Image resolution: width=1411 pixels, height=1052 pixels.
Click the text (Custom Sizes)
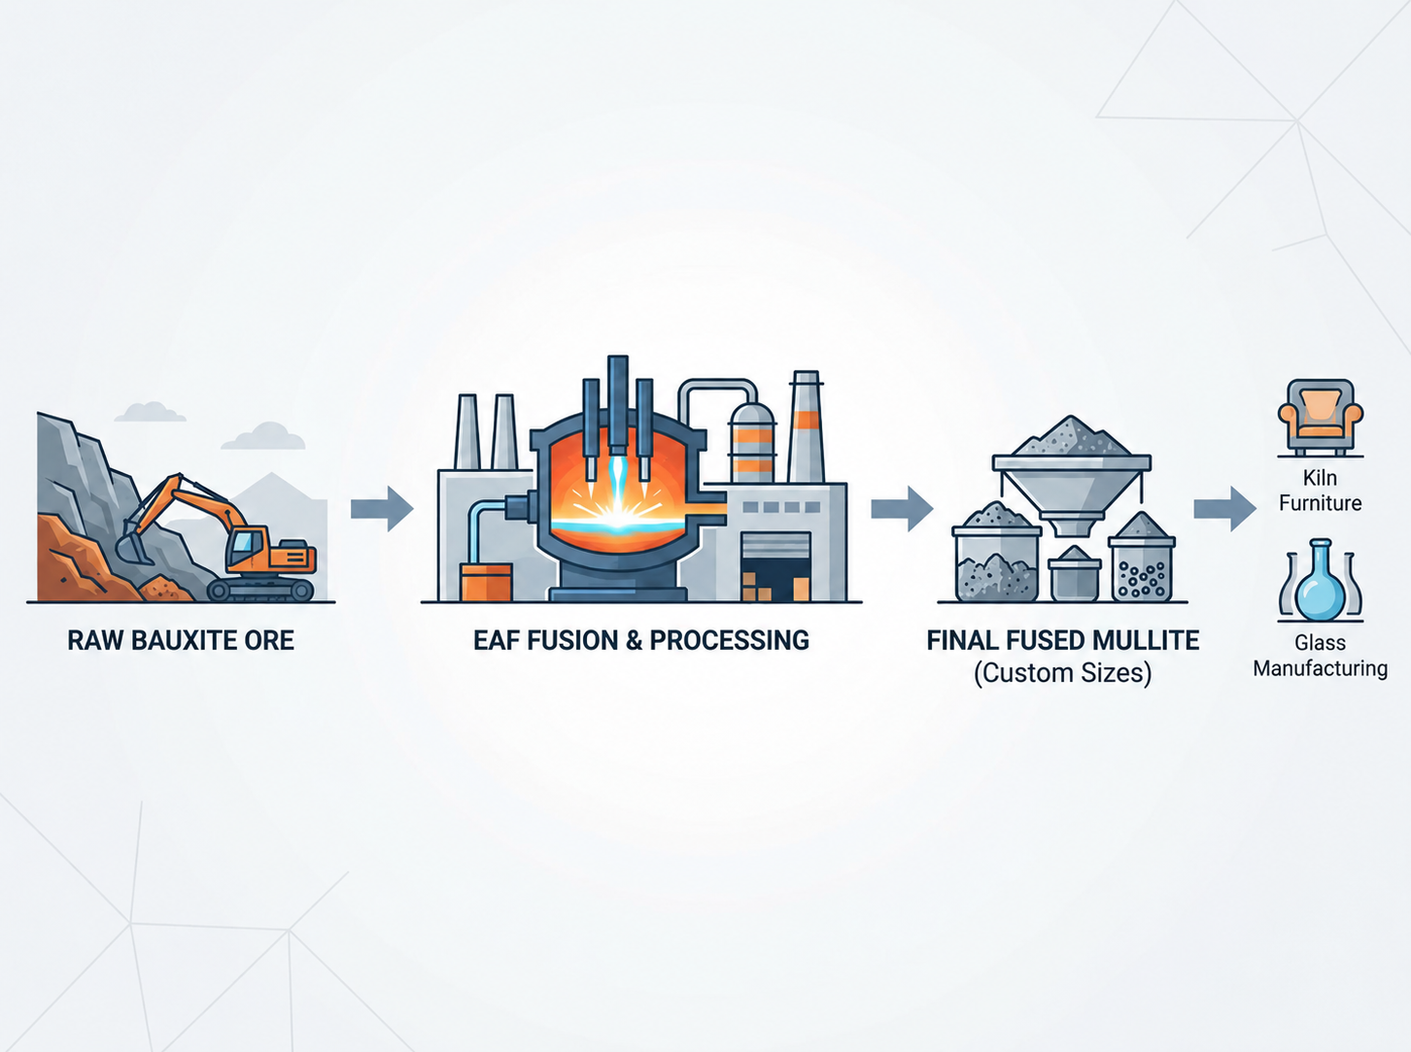(1062, 673)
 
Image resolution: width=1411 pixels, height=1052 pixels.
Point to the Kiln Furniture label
(1320, 491)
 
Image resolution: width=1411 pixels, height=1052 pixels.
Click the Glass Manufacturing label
(1320, 656)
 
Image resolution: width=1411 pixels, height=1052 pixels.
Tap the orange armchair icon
(1321, 417)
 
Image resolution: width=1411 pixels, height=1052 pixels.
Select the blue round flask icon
(1320, 580)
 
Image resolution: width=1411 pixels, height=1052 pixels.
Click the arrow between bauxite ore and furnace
(382, 509)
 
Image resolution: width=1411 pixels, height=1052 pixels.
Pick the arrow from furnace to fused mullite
(902, 509)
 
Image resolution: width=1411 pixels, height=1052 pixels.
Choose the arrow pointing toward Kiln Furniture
(1225, 509)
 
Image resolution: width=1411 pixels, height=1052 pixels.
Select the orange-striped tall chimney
(807, 426)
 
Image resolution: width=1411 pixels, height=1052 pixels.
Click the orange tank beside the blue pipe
(486, 582)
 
